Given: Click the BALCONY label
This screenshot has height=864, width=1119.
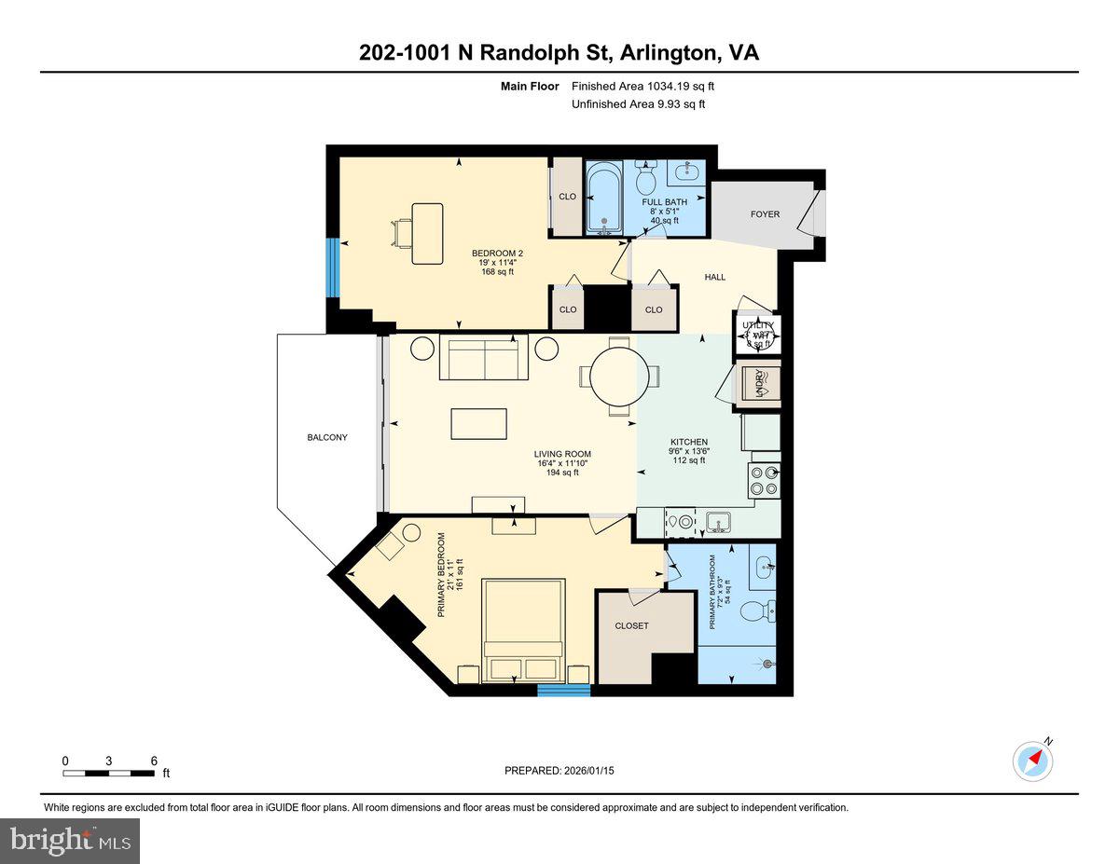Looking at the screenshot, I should pyautogui.click(x=327, y=437).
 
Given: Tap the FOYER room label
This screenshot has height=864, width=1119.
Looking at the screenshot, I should pyautogui.click(x=765, y=214).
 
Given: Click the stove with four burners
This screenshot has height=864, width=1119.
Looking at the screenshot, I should pyautogui.click(x=763, y=479).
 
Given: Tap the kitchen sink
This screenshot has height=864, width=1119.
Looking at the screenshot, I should pyautogui.click(x=718, y=522).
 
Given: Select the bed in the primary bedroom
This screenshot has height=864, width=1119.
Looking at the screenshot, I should pyautogui.click(x=522, y=631).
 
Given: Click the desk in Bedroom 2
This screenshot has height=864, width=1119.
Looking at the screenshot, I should pyautogui.click(x=426, y=226).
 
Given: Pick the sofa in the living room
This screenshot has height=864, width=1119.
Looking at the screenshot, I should pyautogui.click(x=483, y=359).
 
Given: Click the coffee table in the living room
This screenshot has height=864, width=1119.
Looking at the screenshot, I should pyautogui.click(x=479, y=424).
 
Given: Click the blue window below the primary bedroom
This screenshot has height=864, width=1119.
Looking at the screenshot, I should pyautogui.click(x=563, y=690).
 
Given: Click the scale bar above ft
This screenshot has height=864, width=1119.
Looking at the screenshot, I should pyautogui.click(x=109, y=773).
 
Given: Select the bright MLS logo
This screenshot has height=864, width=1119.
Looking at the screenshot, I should pyautogui.click(x=70, y=841).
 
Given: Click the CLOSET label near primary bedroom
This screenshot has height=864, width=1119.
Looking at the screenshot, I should pyautogui.click(x=631, y=625).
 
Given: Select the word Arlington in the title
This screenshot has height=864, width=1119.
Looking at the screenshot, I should pyautogui.click(x=663, y=53).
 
